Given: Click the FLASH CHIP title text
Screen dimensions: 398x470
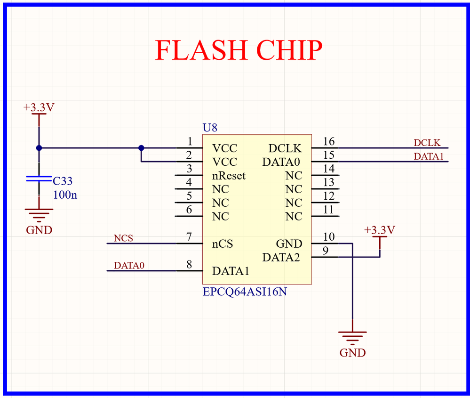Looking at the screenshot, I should point(239,50).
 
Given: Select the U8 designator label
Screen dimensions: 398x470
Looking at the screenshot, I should point(210,128).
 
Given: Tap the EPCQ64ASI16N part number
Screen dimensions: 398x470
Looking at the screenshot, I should point(245,292).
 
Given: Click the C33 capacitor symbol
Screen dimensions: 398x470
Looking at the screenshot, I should point(39,179).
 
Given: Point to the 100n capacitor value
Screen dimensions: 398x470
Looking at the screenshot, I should point(65,195).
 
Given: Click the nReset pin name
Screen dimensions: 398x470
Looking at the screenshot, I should point(229,176).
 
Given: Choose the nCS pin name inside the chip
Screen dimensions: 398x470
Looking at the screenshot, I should point(223,244).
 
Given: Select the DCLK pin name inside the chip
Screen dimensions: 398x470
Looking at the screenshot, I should point(285,148).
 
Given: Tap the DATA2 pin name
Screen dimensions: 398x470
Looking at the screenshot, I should point(281,258).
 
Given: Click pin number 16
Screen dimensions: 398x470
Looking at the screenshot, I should point(329,142).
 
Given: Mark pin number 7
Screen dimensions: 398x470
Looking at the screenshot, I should point(189,237).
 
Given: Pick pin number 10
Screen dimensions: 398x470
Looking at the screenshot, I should point(329,237).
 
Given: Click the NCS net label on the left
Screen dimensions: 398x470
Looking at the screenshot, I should point(123,238).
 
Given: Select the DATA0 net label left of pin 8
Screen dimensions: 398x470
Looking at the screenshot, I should point(129,266).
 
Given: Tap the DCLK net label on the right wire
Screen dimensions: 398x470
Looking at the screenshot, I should point(427,142).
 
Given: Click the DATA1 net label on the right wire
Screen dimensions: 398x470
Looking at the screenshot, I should point(429,156).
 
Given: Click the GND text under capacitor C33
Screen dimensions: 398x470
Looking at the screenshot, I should point(39,230).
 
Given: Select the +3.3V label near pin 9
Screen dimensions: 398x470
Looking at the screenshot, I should point(380,230).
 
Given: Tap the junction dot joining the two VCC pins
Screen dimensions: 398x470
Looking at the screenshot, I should point(141,148).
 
